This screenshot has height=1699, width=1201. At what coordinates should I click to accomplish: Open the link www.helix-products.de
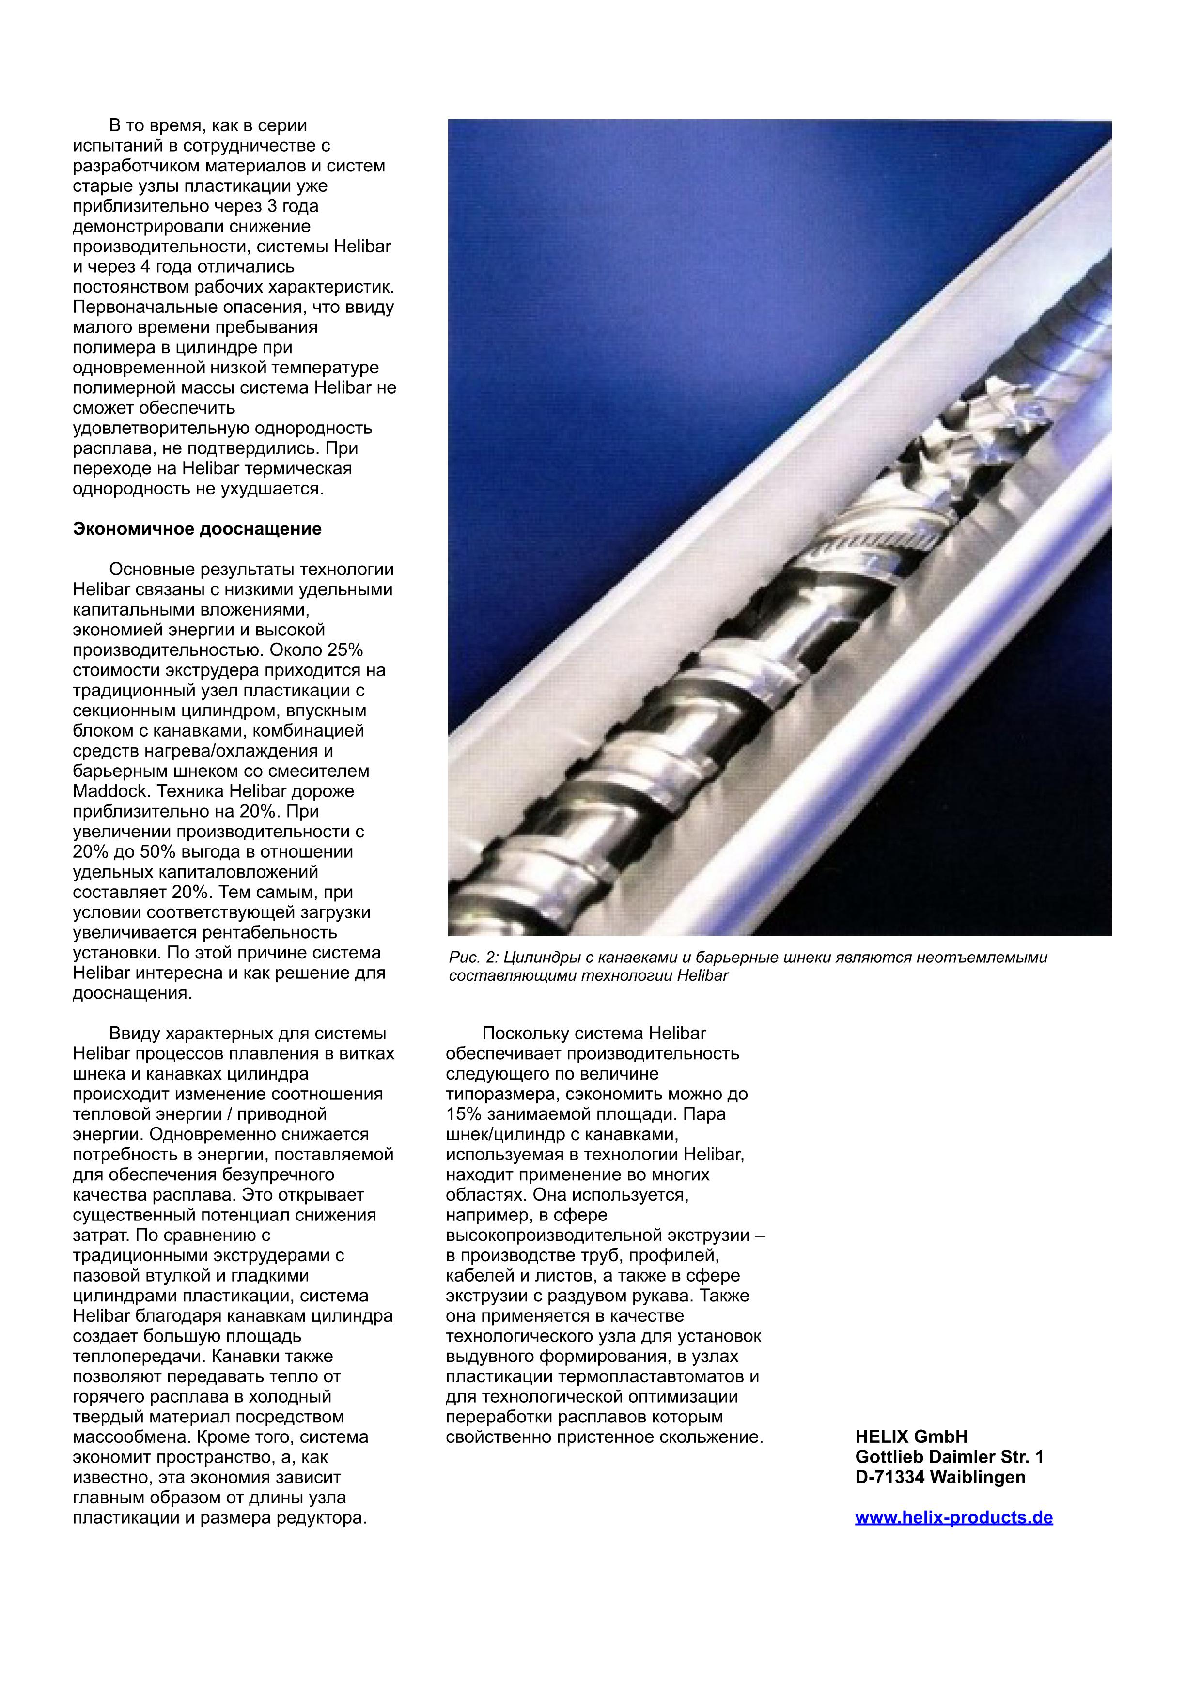954,1518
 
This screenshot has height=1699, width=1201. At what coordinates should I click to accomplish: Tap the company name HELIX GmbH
911,1437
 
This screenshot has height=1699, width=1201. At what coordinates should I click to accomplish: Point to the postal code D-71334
889,1477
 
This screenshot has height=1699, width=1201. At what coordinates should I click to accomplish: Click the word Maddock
109,791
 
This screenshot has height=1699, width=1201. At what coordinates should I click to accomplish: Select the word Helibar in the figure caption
702,975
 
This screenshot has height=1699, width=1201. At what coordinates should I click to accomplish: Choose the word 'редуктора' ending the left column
328,1518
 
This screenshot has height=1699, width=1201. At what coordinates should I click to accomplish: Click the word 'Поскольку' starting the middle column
527,1033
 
